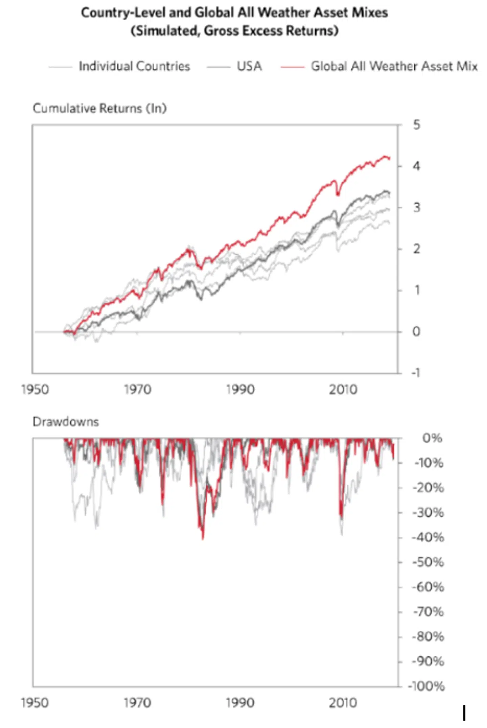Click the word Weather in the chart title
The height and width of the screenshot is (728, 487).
(x=283, y=13)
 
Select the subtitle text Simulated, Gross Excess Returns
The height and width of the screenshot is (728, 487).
(x=234, y=31)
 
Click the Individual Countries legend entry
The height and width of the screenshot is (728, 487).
(x=134, y=66)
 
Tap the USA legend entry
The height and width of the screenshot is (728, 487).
(x=249, y=66)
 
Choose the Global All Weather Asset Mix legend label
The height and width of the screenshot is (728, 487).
(x=394, y=66)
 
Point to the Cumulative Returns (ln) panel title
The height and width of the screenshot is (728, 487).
(x=100, y=108)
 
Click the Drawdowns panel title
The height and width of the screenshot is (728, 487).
(x=66, y=422)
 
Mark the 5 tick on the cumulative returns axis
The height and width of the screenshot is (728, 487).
(x=416, y=125)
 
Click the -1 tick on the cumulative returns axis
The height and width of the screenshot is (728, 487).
(x=416, y=373)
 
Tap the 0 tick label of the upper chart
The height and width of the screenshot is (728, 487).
(x=416, y=332)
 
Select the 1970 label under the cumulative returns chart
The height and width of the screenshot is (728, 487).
(x=137, y=390)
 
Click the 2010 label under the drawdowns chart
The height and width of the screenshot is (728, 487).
(x=343, y=703)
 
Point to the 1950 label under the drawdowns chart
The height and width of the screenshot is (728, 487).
(x=35, y=703)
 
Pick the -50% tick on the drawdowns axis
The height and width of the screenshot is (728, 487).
(x=428, y=562)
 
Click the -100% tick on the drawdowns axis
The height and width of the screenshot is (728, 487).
(x=426, y=686)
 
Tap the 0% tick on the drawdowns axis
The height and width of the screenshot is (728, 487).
(x=432, y=438)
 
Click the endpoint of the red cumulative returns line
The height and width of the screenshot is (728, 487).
(x=390, y=158)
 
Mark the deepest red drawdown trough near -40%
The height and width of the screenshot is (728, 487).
(x=203, y=538)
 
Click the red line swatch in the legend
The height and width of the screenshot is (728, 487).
(x=293, y=67)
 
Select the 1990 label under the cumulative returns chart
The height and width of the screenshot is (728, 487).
(x=240, y=390)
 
